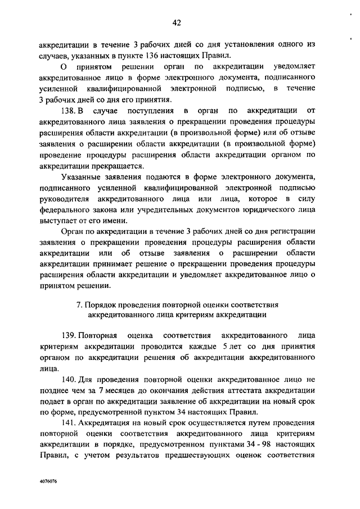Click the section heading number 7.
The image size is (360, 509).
(78, 304)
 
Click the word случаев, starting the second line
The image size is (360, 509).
(55, 56)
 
